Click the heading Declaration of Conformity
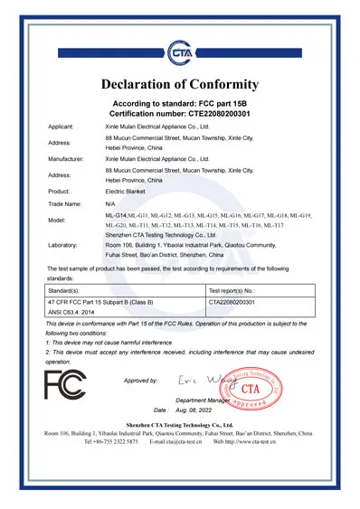click(x=180, y=84)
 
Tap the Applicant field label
click(x=62, y=129)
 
